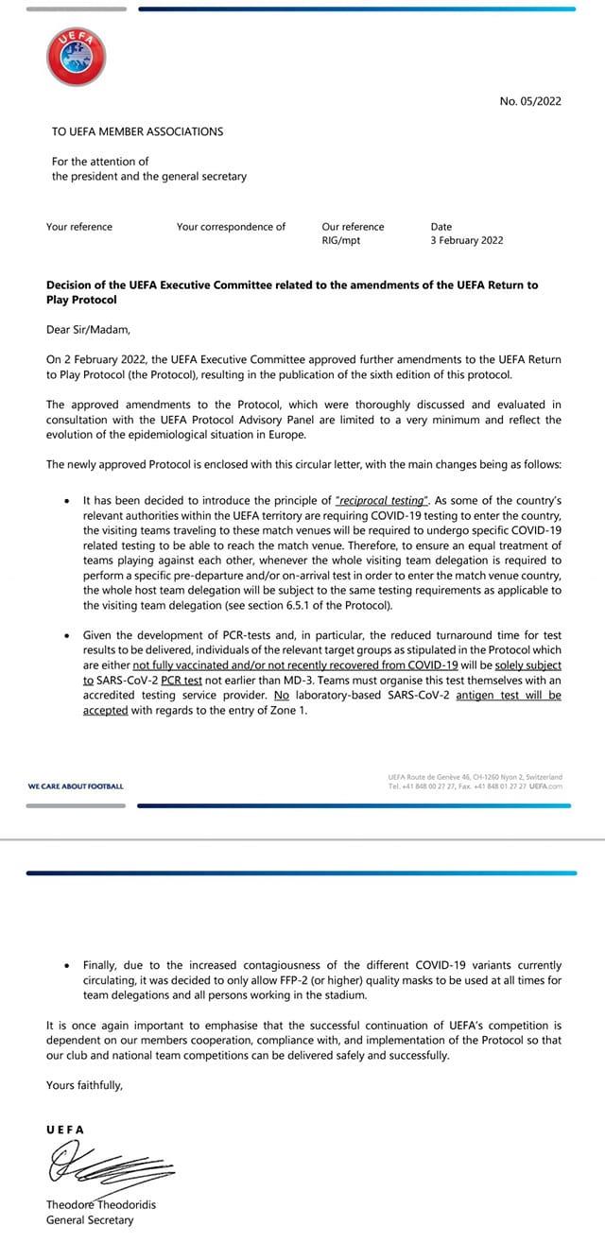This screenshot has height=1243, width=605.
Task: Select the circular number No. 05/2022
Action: (x=530, y=101)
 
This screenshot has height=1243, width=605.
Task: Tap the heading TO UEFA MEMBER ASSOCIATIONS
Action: (x=138, y=131)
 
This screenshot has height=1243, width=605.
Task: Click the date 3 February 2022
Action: (x=467, y=241)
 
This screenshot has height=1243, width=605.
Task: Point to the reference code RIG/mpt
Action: (x=340, y=241)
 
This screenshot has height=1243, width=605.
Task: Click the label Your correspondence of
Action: (x=231, y=227)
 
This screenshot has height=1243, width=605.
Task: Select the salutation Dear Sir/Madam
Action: (x=89, y=331)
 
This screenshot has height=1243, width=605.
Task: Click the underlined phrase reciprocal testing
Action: (x=374, y=499)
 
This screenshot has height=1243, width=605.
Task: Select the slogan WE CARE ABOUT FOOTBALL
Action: (x=76, y=786)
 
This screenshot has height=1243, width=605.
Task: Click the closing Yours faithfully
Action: (x=84, y=1085)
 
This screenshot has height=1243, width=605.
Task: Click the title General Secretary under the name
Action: (x=90, y=1220)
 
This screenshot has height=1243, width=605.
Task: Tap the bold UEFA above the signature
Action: (x=65, y=1129)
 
